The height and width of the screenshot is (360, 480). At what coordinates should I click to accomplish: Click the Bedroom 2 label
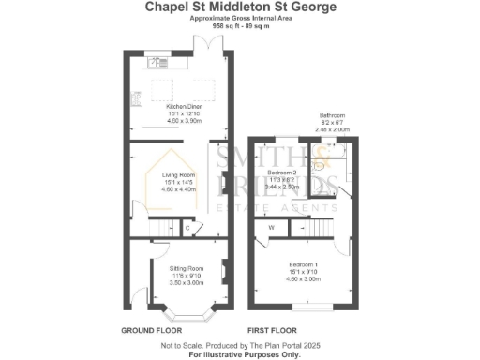[282, 173]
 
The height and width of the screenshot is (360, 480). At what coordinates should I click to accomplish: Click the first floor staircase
[322, 226]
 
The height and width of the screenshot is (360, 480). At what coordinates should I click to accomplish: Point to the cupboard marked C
[187, 227]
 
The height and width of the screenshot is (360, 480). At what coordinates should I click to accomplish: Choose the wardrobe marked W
[271, 227]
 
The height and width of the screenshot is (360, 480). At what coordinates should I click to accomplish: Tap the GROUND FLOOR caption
[151, 331]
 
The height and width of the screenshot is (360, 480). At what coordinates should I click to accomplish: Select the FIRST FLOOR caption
[272, 331]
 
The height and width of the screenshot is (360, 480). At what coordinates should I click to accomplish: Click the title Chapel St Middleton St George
[241, 7]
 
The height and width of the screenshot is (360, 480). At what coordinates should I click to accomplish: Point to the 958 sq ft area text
[240, 27]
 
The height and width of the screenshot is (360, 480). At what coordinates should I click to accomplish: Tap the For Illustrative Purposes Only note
[240, 353]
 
